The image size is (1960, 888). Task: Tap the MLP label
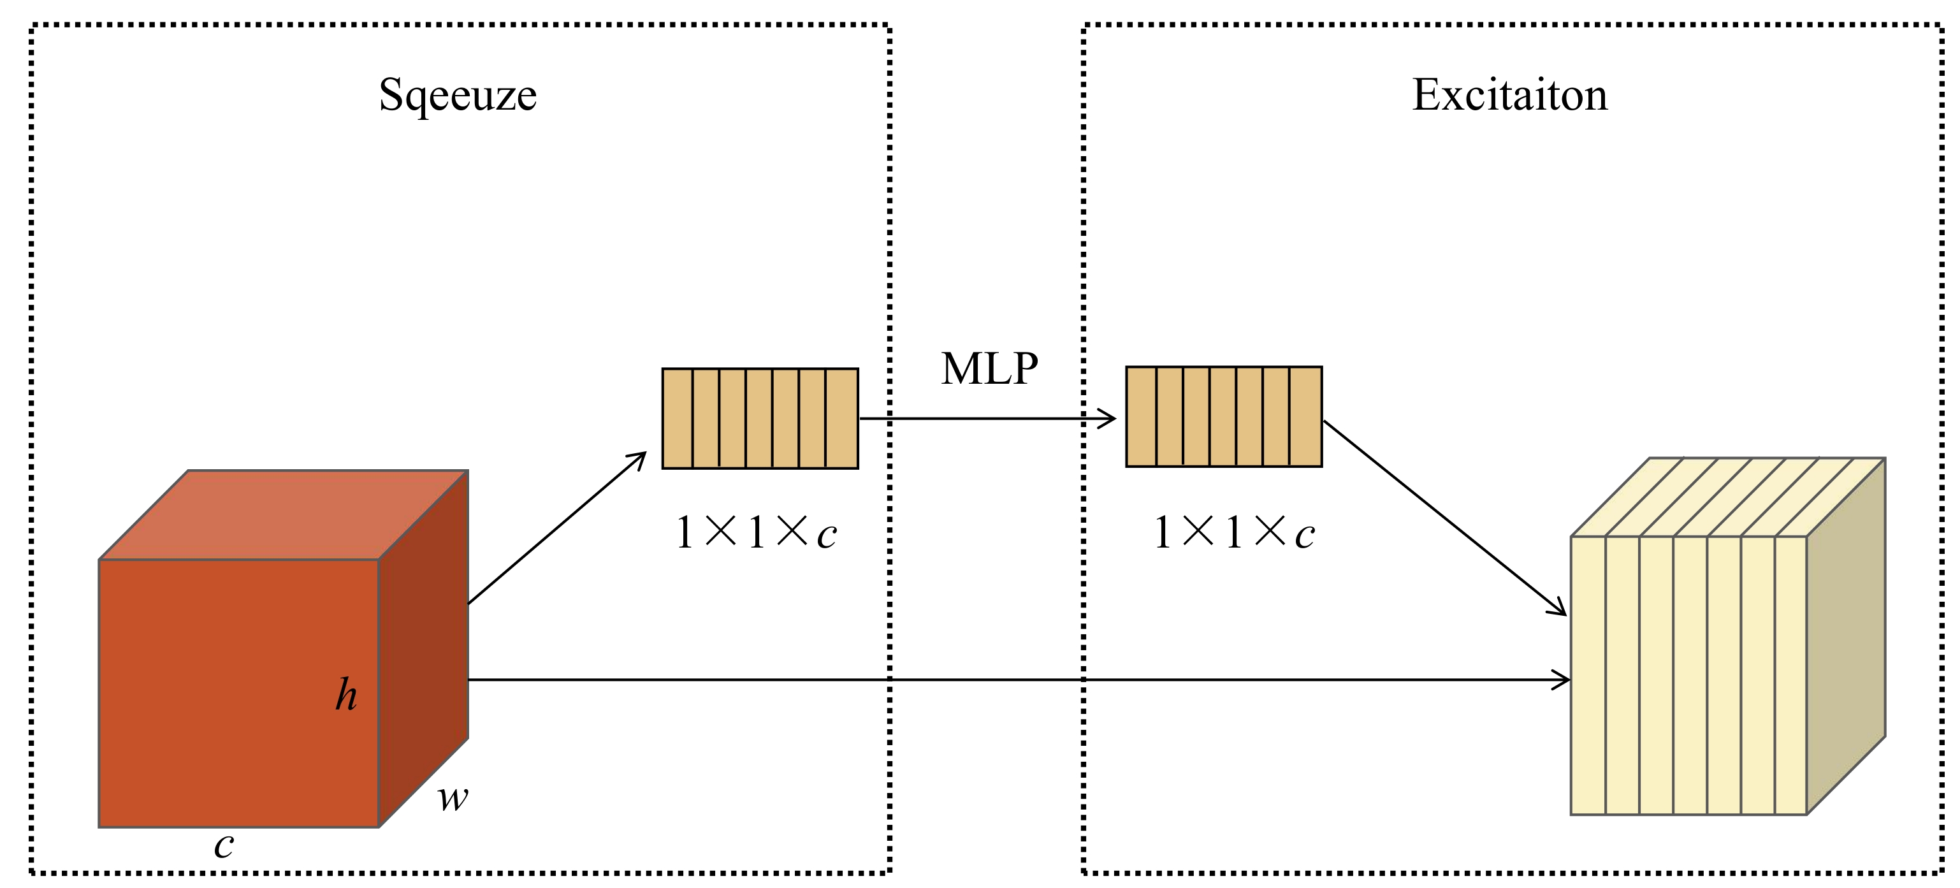coord(989,370)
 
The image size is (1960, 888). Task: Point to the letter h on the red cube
coord(346,694)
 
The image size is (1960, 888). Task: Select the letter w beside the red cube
coord(453,797)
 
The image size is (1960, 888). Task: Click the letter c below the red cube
coord(224,845)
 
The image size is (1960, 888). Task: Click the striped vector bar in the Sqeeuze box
coord(760,419)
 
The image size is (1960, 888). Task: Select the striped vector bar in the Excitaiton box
coord(1223,416)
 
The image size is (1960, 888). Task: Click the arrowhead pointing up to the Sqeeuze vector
coord(639,458)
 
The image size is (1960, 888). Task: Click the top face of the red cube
coord(283,514)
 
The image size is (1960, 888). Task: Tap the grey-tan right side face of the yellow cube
coord(1845,636)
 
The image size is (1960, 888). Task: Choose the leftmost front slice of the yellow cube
coord(1588,675)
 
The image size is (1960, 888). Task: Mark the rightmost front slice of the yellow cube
coord(1790,675)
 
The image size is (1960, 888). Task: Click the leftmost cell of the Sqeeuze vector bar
coord(677,419)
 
